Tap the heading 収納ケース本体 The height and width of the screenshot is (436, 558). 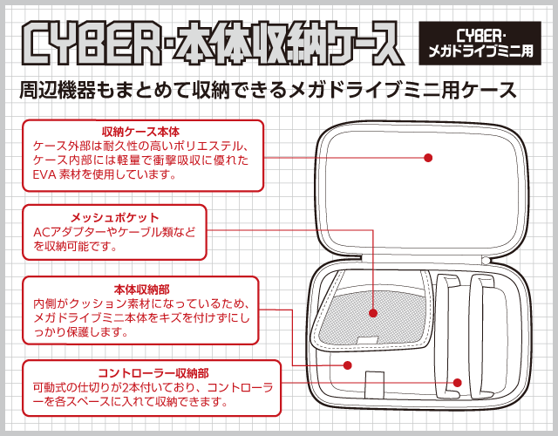coord(140,131)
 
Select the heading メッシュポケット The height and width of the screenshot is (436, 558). coord(114,216)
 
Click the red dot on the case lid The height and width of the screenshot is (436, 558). coord(428,158)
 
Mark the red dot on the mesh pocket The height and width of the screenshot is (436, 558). coord(372,311)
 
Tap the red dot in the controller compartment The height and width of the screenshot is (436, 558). coord(456,382)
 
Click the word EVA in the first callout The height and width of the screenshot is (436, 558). coord(46,174)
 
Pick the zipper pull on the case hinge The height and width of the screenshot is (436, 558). coord(486,260)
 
